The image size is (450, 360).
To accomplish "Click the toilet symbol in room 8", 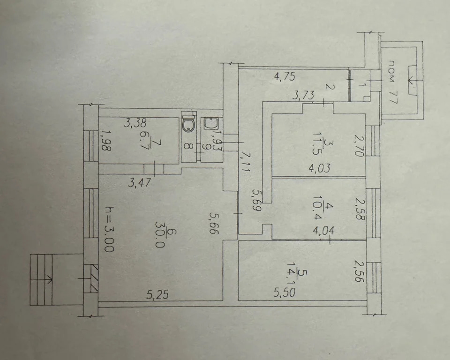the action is [188, 123].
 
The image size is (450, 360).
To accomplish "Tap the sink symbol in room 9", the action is [211, 123].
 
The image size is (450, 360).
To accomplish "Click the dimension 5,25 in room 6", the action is [157, 294].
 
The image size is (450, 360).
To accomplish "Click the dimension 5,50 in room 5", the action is [284, 292].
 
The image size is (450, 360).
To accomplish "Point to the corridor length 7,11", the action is [246, 162].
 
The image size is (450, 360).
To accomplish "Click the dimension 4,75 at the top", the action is [285, 77].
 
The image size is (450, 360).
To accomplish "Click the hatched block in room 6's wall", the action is [91, 279].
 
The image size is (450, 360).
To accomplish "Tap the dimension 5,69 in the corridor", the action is [256, 200].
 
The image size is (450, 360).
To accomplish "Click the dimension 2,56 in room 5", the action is [359, 271].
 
